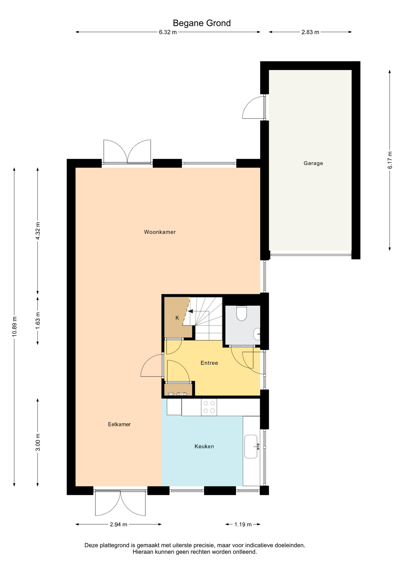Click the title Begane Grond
202,23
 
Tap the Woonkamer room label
160,232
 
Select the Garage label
313,163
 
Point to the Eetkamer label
119,424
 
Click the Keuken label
204,446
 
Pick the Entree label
209,363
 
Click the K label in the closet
177,318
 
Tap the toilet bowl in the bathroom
242,313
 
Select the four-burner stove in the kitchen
209,407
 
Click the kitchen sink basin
251,446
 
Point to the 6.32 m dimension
168,32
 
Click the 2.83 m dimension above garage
310,32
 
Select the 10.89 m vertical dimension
14,327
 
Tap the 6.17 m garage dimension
390,160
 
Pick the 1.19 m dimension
243,524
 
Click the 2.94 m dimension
118,524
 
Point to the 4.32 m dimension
38,231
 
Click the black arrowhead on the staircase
190,311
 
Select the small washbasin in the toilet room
257,334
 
